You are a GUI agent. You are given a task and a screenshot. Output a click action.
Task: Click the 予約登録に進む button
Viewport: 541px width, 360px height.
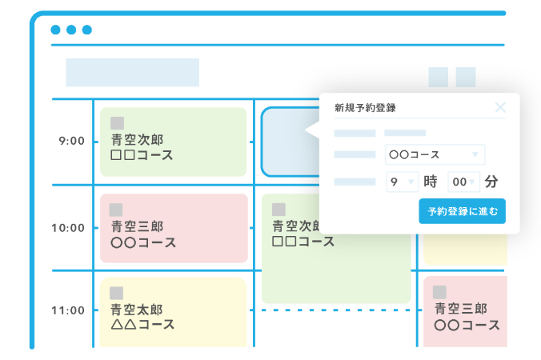[462, 211]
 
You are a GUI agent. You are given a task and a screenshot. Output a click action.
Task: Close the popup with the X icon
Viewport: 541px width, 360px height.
[500, 108]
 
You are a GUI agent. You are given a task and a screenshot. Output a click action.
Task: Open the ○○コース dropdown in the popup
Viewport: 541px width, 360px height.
[435, 154]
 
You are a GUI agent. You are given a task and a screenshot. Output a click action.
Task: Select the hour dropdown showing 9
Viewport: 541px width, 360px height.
[401, 182]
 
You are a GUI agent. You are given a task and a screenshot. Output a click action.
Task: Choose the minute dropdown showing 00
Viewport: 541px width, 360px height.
[463, 182]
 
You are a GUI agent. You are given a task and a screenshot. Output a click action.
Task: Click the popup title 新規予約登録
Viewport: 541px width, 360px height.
[365, 108]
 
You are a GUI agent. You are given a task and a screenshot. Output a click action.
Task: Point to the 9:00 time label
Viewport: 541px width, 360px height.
[70, 141]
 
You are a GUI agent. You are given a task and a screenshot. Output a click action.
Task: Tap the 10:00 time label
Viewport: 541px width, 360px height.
[67, 227]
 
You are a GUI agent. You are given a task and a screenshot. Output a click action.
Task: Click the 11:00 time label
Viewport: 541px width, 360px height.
[67, 310]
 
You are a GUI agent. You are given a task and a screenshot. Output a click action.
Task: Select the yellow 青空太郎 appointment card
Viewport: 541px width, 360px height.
[173, 311]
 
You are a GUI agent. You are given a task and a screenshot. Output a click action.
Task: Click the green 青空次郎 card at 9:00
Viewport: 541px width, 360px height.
[173, 142]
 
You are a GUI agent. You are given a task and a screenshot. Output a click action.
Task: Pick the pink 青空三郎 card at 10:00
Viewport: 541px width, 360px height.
[173, 227]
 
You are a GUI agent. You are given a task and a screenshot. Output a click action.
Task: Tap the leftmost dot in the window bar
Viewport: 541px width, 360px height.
[55, 30]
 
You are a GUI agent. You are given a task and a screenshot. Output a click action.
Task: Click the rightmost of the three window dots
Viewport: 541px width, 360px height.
[86, 30]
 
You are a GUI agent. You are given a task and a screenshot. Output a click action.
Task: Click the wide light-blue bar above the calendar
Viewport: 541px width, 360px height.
[132, 73]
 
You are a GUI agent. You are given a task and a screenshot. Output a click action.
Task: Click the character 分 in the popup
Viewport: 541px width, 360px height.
[491, 182]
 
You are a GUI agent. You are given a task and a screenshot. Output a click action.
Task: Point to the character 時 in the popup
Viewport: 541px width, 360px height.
[431, 182]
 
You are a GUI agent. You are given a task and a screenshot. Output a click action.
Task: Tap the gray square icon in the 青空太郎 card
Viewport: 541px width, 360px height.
[117, 293]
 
